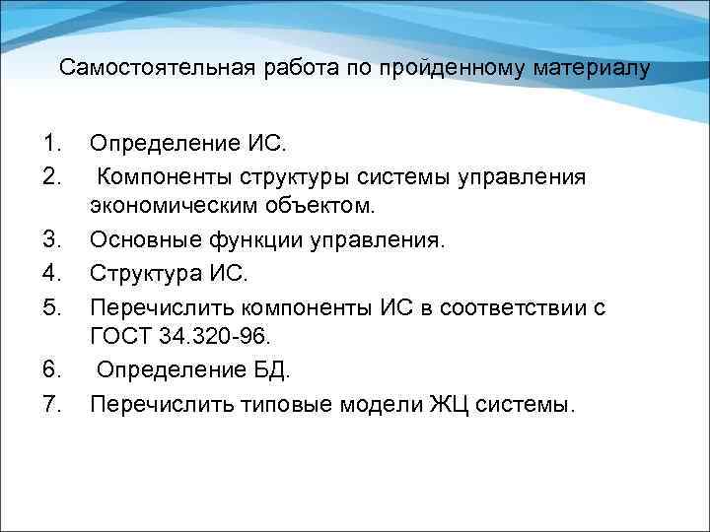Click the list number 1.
click(51, 146)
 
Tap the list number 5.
click(51, 307)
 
